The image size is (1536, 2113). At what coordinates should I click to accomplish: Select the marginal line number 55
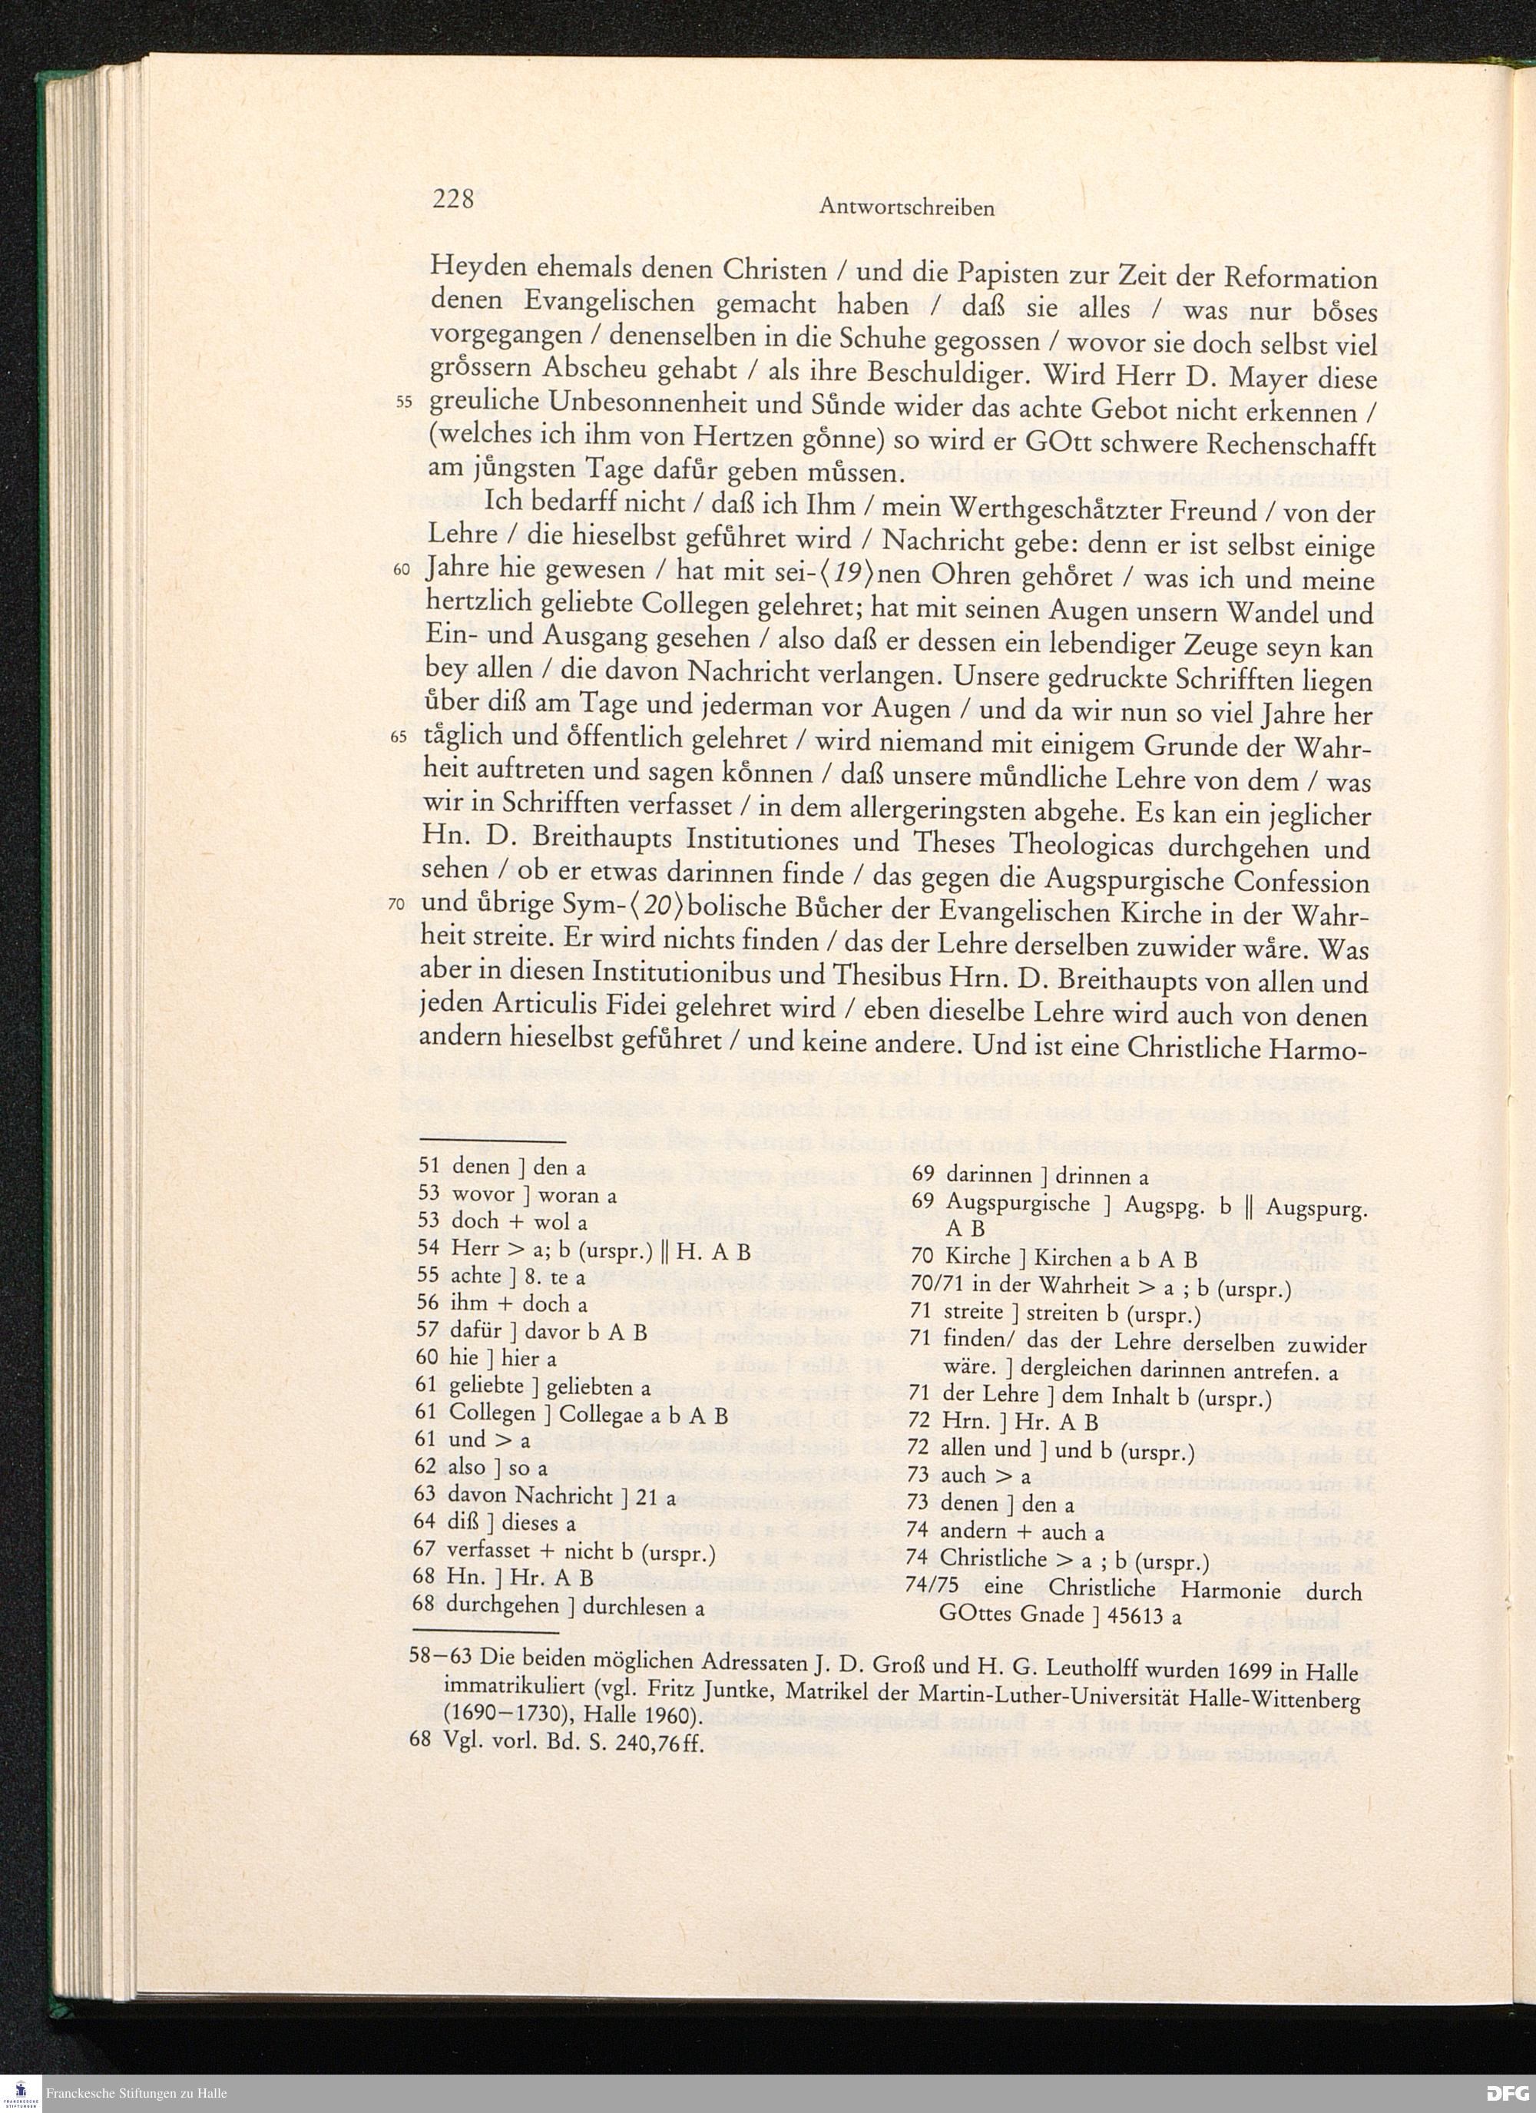pos(403,402)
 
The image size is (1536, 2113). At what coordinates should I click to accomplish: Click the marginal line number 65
pos(399,737)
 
